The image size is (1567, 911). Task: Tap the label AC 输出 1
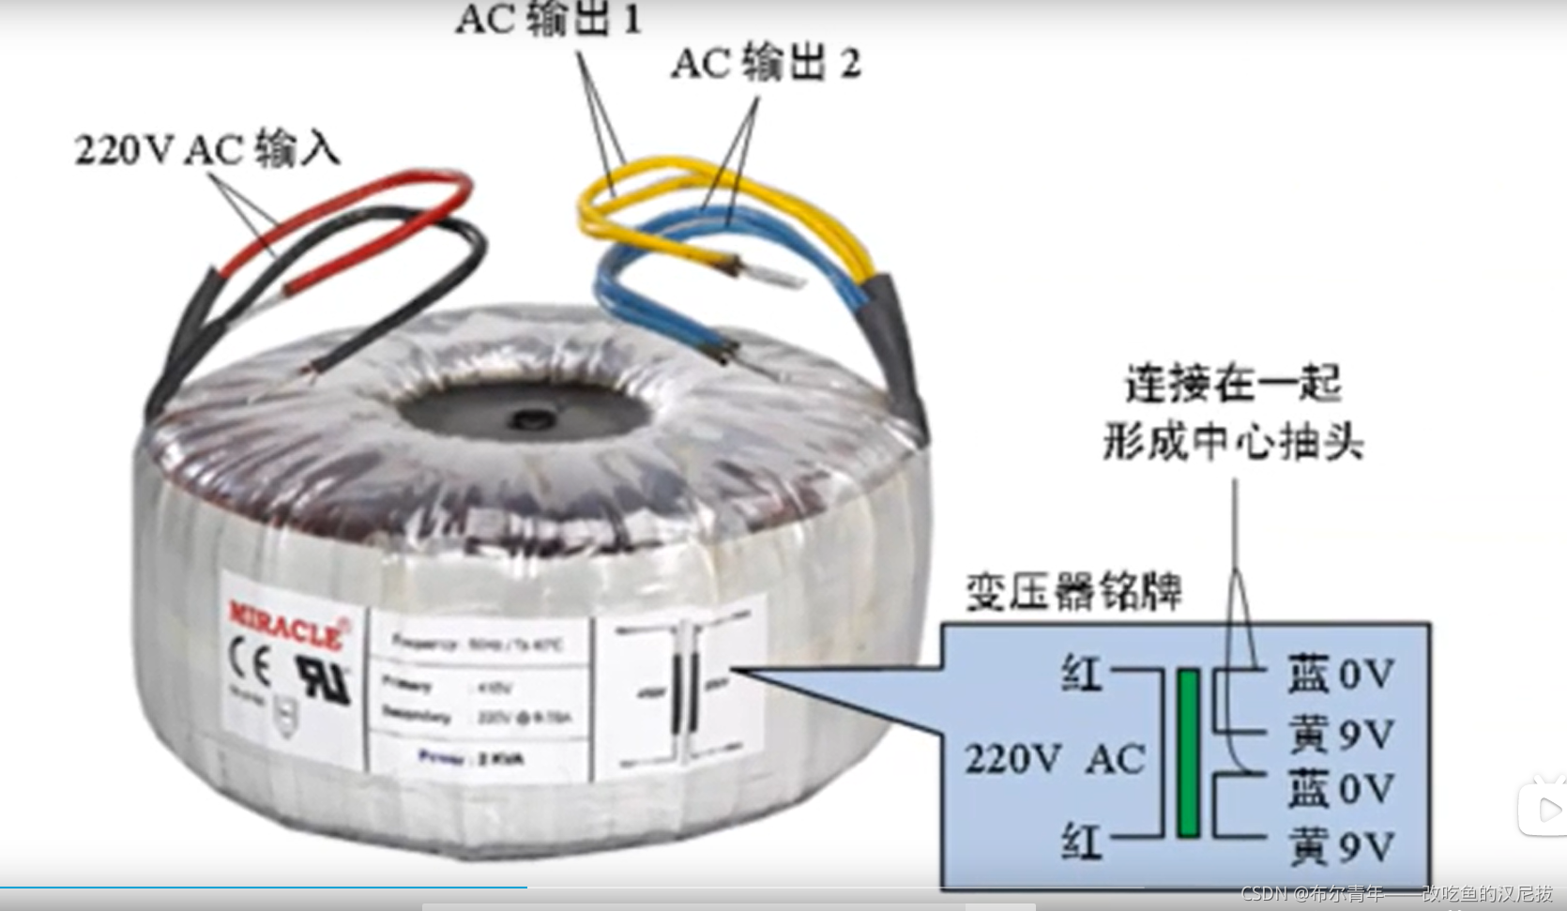[549, 19]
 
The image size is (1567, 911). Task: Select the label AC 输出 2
[766, 64]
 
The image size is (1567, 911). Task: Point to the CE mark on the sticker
[250, 665]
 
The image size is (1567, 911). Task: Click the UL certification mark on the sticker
[323, 677]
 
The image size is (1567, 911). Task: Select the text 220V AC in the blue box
[1055, 759]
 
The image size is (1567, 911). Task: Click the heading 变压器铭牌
[1073, 592]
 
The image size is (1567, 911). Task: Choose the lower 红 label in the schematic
[1080, 842]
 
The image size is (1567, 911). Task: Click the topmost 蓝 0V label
[1340, 675]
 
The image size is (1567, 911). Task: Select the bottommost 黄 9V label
[1340, 847]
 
